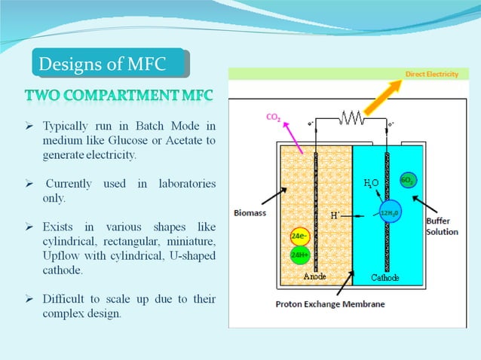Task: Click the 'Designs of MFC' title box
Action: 110,63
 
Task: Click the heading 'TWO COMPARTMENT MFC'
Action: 119,96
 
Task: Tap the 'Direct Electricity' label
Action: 431,75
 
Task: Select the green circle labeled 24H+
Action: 298,255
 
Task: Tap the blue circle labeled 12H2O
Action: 390,213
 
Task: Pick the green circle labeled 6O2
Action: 407,182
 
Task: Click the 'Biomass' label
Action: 249,213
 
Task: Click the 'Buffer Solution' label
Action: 442,226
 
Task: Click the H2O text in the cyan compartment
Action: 370,183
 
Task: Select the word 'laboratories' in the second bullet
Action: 186,184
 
